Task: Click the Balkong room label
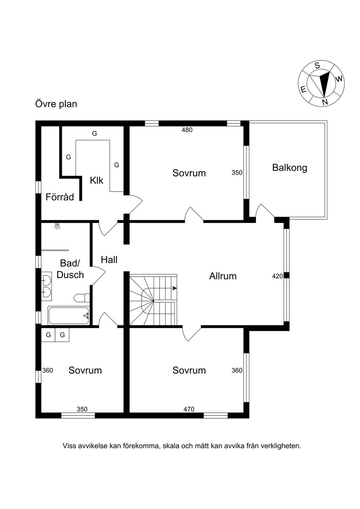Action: coord(290,168)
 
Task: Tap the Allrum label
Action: coord(223,276)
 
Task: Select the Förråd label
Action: coord(60,197)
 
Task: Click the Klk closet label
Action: coord(96,180)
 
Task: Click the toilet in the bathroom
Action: coord(82,298)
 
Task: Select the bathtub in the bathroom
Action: coord(69,316)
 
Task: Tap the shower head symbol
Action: coord(57,226)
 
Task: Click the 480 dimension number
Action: coord(187,130)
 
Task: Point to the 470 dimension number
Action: coord(189,409)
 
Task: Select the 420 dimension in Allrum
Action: coord(277,276)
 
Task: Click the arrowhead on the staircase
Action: coord(174,288)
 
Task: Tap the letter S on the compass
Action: coord(317,66)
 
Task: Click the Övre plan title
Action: coord(56,104)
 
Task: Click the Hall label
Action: coord(109,260)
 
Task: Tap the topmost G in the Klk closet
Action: coord(95,134)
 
